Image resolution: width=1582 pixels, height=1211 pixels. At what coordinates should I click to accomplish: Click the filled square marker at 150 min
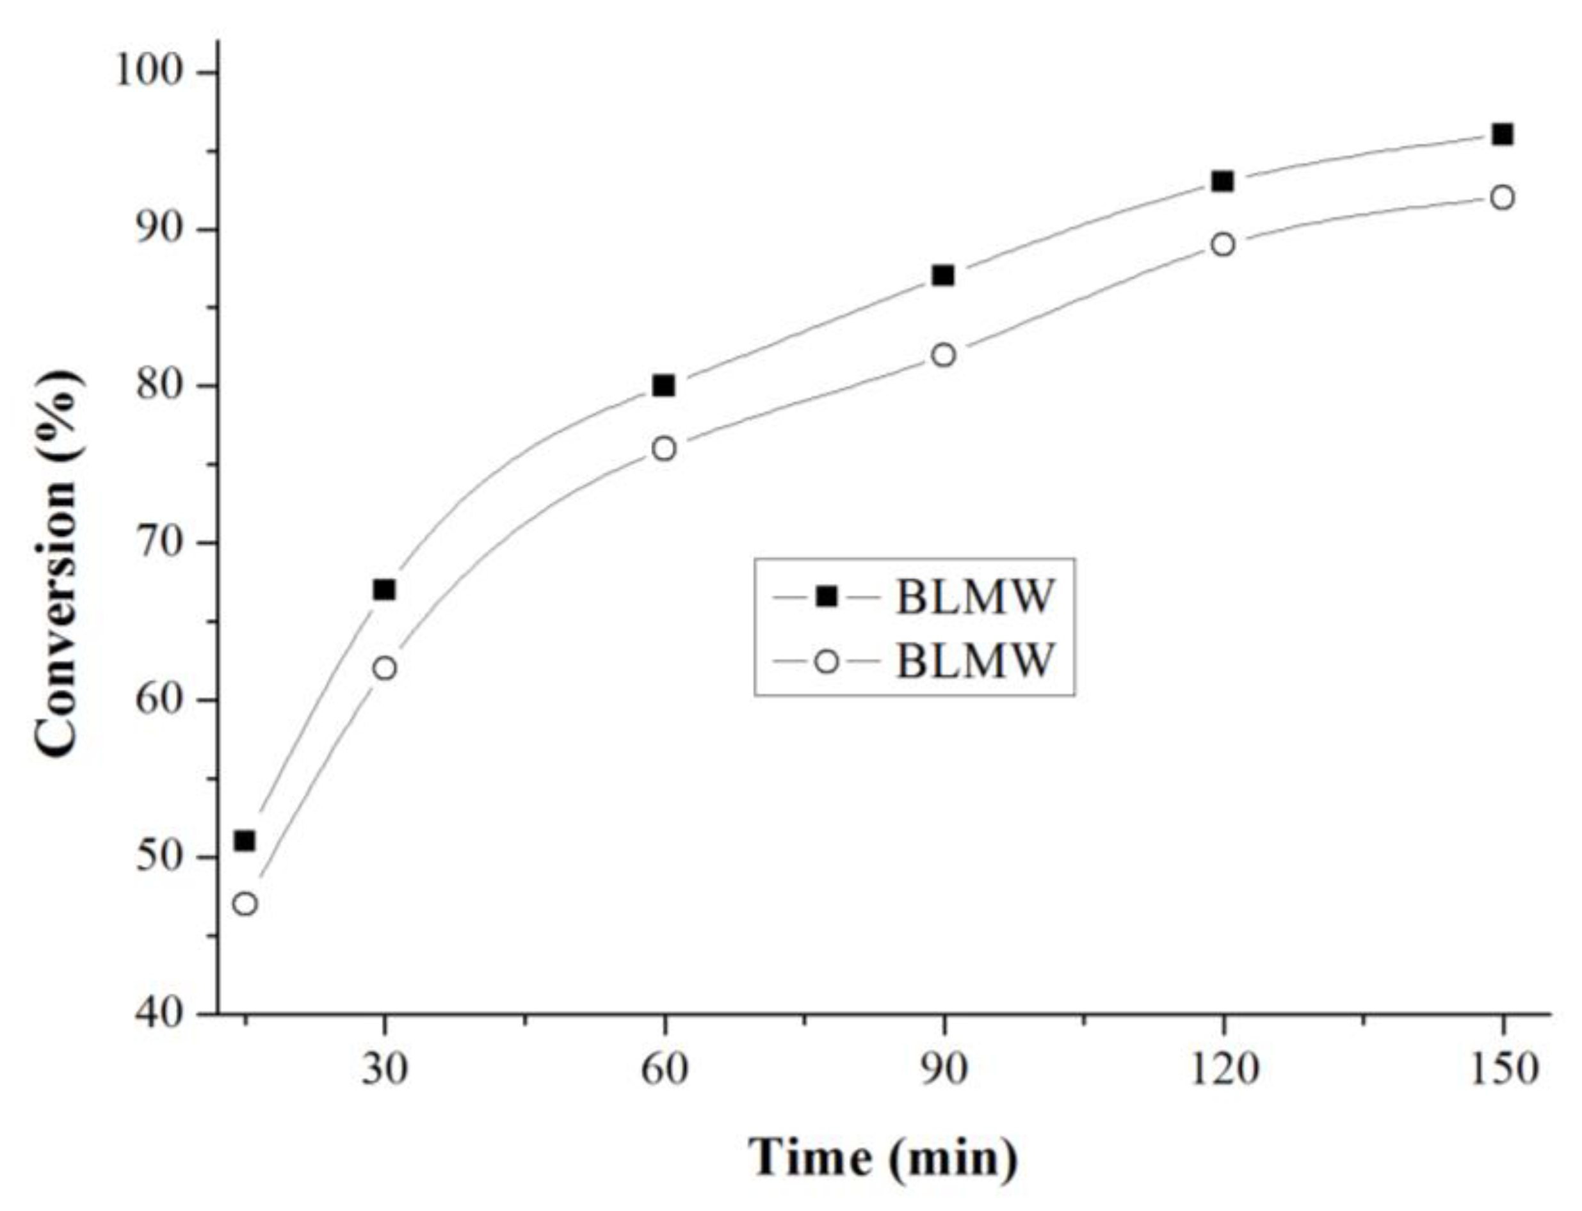pyautogui.click(x=1502, y=135)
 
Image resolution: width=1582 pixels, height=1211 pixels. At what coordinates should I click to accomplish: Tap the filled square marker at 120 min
pyautogui.click(x=1223, y=181)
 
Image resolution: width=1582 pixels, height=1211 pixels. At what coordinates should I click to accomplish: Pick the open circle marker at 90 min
pyautogui.click(x=943, y=355)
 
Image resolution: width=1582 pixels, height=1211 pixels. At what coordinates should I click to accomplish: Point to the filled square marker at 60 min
pyautogui.click(x=663, y=386)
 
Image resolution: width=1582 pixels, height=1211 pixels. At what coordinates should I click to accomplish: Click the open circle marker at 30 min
pyautogui.click(x=384, y=668)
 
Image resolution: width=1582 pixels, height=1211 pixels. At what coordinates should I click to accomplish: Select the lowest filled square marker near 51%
pyautogui.click(x=245, y=840)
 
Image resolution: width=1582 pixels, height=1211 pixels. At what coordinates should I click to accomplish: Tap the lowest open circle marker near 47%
pyautogui.click(x=245, y=903)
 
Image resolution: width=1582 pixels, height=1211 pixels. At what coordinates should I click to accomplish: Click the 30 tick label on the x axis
pyautogui.click(x=384, y=1070)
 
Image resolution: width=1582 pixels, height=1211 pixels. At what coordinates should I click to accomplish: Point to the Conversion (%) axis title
pyautogui.click(x=58, y=563)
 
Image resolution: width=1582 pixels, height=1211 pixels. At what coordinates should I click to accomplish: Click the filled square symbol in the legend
pyautogui.click(x=827, y=596)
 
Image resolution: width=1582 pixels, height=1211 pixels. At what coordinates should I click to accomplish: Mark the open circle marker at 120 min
pyautogui.click(x=1223, y=245)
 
